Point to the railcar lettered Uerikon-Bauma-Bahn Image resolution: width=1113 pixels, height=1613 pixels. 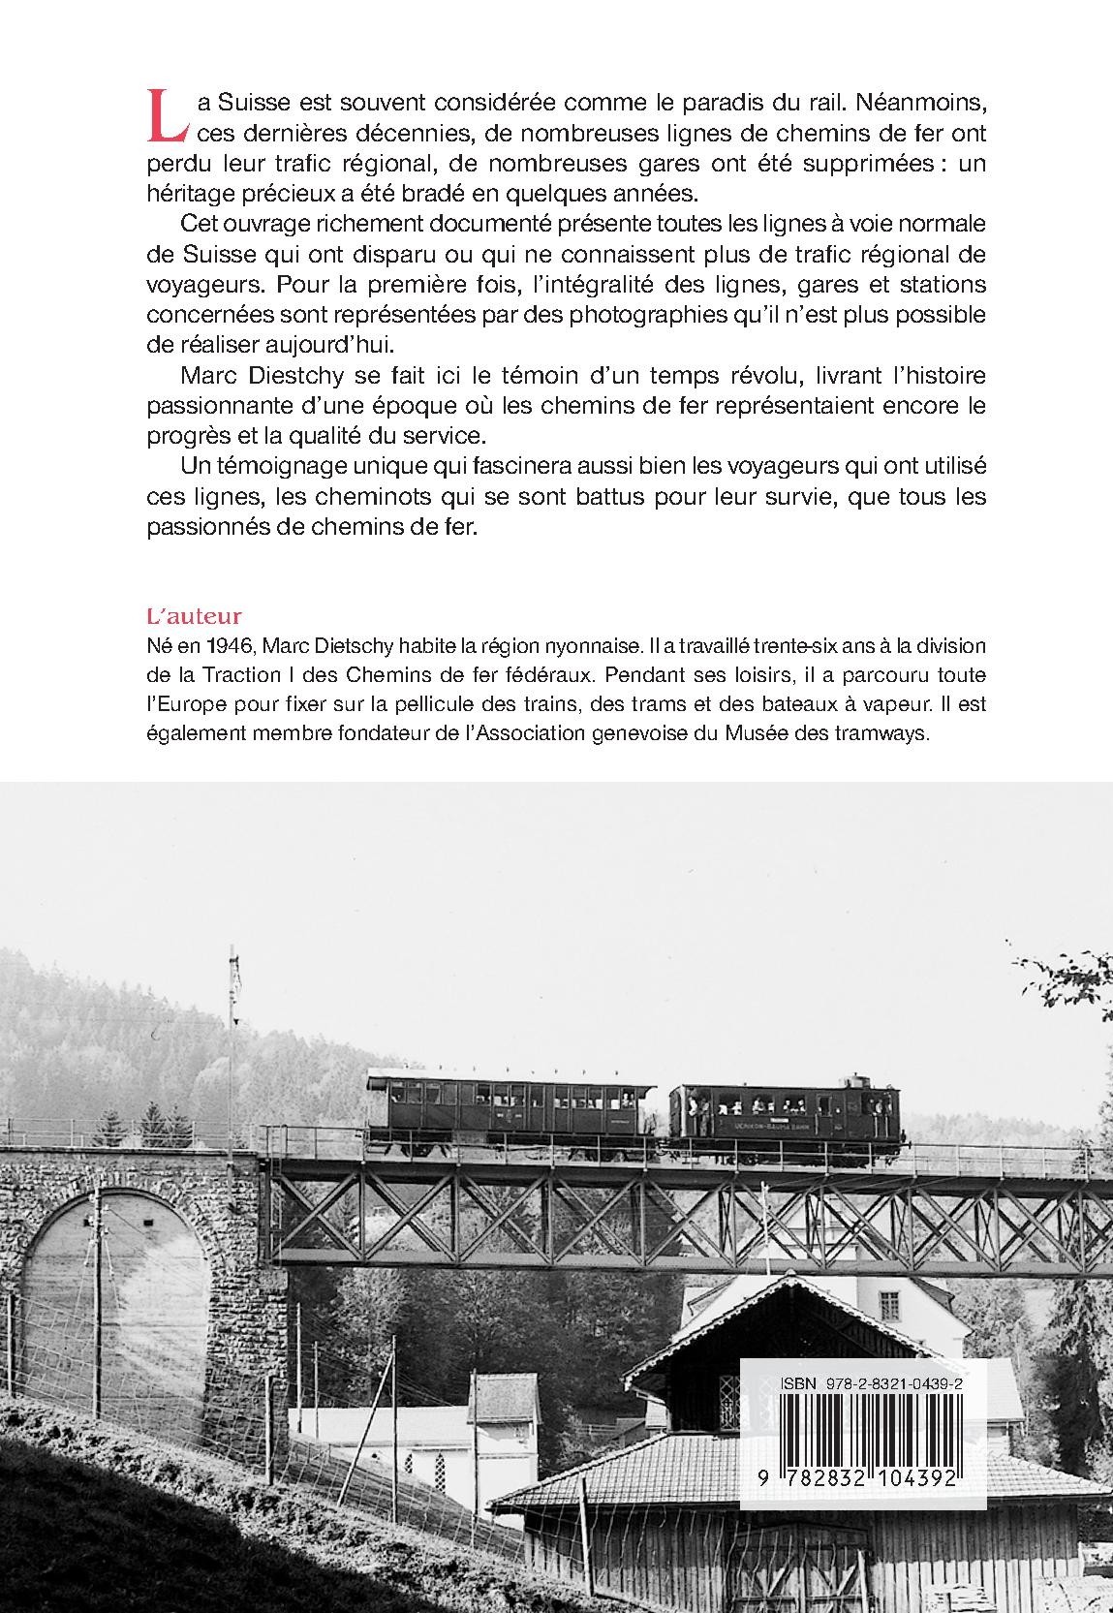click(x=786, y=1114)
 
